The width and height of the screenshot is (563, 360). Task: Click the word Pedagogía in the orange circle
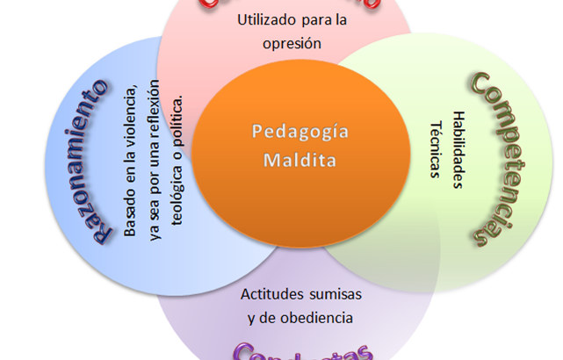coord(288,133)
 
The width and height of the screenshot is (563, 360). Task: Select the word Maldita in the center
coord(288,162)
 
